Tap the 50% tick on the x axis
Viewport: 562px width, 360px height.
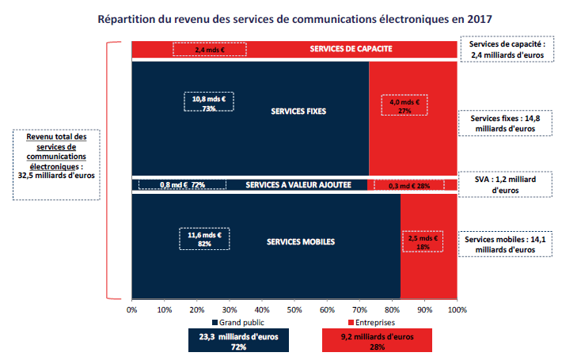pos(294,309)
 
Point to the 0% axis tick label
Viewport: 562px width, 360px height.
pos(132,309)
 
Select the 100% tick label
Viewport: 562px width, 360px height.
pos(458,309)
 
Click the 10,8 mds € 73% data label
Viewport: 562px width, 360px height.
pos(209,104)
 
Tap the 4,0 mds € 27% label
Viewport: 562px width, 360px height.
pos(404,106)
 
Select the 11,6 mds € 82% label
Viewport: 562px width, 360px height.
pos(204,240)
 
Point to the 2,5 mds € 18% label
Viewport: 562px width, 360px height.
pos(422,241)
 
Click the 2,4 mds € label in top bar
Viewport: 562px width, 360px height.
pos(209,49)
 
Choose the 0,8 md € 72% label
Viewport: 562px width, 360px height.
pos(182,185)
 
